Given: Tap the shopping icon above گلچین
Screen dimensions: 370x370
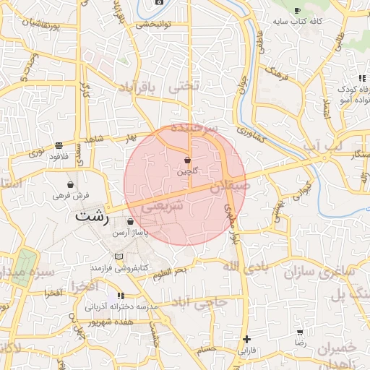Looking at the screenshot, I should (187, 160).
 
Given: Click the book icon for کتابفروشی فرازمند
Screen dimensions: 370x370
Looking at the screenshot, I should (119, 257).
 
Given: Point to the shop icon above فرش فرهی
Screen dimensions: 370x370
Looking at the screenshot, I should (70, 185).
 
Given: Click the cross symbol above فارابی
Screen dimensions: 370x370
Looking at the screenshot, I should (246, 339).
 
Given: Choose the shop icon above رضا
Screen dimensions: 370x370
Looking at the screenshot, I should (300, 332).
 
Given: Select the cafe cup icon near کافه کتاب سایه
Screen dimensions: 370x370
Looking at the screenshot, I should (297, 10).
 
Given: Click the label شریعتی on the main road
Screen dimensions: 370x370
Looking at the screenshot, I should (160, 206).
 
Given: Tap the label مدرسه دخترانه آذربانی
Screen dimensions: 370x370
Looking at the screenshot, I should (121, 307).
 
